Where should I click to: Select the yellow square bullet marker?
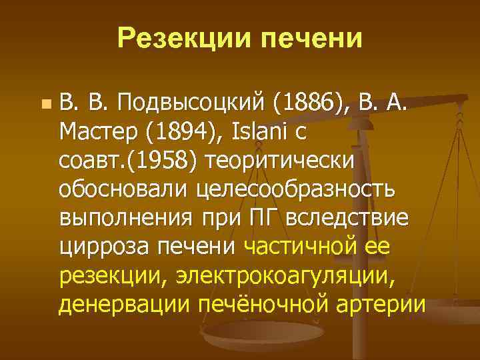(45, 104)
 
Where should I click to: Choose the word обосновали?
(124, 189)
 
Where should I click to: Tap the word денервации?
(125, 304)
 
